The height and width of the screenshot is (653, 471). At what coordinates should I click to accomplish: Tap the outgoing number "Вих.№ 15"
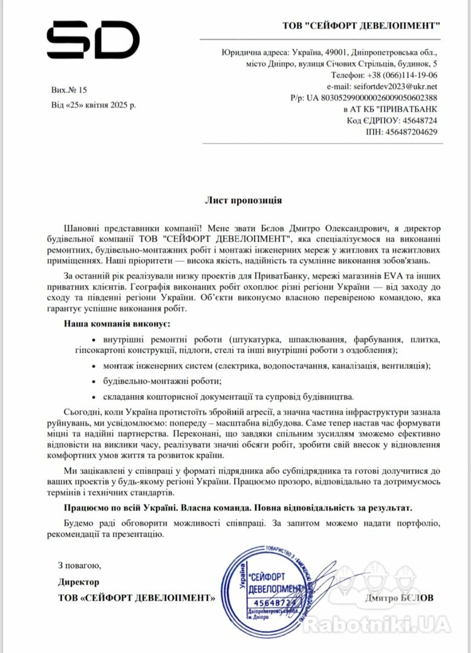(70, 90)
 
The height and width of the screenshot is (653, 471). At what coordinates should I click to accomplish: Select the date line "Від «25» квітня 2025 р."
(94, 105)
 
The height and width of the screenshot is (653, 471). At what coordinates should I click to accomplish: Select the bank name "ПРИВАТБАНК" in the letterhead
(408, 109)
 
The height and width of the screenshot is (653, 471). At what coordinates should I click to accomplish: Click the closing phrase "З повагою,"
(79, 566)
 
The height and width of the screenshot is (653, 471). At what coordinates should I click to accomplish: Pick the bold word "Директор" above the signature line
(78, 582)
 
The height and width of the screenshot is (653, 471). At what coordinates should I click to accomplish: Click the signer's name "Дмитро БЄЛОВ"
(399, 597)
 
